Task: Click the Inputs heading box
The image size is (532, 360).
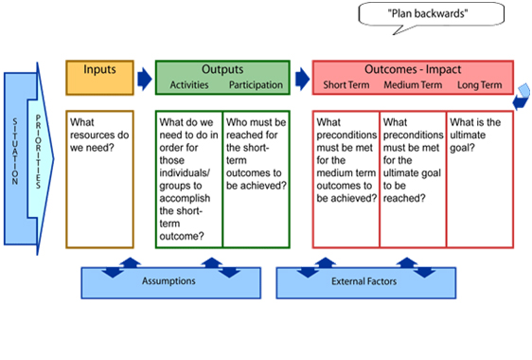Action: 99,77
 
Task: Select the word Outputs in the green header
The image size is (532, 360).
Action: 222,69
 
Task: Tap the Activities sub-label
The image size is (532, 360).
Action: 189,85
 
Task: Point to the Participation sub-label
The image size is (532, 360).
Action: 256,85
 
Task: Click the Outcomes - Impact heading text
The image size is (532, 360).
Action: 413,69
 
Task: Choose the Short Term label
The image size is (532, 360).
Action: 346,85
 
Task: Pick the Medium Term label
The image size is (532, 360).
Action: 413,85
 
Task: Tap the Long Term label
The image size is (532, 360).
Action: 479,85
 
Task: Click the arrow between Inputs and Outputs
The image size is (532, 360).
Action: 144,77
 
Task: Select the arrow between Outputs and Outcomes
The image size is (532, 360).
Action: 300,77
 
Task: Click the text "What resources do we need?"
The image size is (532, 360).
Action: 99,135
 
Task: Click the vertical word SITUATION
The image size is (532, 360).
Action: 14,151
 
